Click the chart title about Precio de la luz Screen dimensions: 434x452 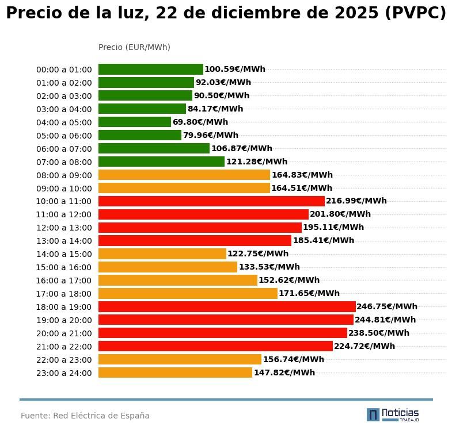pyautogui.click(x=226, y=14)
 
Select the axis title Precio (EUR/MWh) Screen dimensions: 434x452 pyautogui.click(x=134, y=47)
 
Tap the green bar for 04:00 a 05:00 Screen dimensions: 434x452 pyautogui.click(x=135, y=122)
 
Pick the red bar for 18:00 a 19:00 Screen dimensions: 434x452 pyautogui.click(x=227, y=306)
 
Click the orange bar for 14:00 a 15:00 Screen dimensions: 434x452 pyautogui.click(x=162, y=254)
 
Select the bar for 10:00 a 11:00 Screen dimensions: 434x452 pyautogui.click(x=211, y=201)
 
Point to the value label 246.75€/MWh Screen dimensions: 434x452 pyautogui.click(x=387, y=307)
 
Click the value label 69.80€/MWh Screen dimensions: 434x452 pyautogui.click(x=200, y=122)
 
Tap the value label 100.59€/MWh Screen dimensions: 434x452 pyautogui.click(x=235, y=70)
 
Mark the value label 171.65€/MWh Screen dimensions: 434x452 pyautogui.click(x=309, y=294)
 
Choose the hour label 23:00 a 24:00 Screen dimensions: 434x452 pyautogui.click(x=64, y=373)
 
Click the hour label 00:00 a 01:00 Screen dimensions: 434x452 pyautogui.click(x=64, y=70)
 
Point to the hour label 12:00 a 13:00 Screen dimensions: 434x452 pyautogui.click(x=64, y=228)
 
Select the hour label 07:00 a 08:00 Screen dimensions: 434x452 pyautogui.click(x=64, y=162)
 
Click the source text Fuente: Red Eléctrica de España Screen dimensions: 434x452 pyautogui.click(x=85, y=416)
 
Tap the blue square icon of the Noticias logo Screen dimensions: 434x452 pyautogui.click(x=373, y=414)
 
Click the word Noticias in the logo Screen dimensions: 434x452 pyautogui.click(x=400, y=413)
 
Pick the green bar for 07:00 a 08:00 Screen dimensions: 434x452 pyautogui.click(x=161, y=162)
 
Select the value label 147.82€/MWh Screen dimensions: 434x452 pyautogui.click(x=284, y=372)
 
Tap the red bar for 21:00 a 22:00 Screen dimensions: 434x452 pyautogui.click(x=215, y=346)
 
